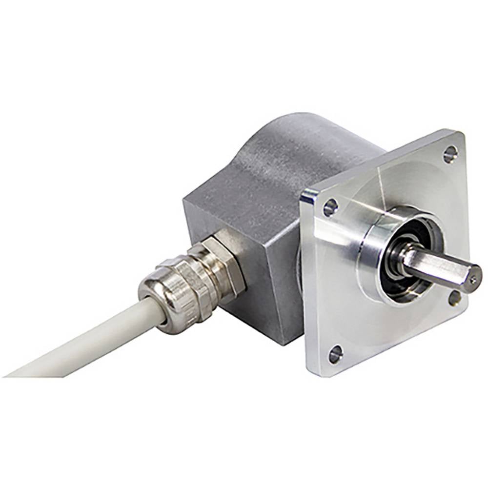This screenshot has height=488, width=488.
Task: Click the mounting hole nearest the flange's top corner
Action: pyautogui.click(x=450, y=154)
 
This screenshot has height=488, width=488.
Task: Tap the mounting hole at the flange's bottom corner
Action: pyautogui.click(x=335, y=354)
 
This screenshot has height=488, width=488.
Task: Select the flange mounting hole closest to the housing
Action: pyautogui.click(x=330, y=207)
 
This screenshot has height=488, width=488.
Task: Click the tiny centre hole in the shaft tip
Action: pyautogui.click(x=473, y=279)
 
